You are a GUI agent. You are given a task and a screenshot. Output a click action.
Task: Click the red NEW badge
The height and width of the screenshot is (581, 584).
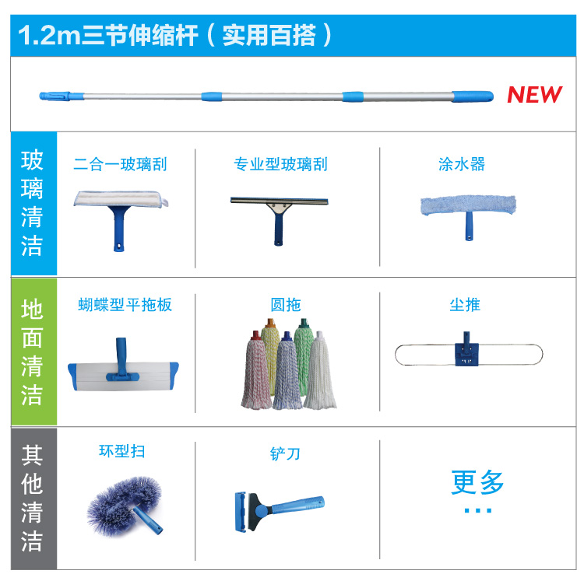[x=534, y=95]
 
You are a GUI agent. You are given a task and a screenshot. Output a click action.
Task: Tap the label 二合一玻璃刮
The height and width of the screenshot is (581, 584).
[x=120, y=164]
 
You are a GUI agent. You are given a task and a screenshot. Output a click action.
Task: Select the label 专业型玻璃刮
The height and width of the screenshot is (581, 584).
[x=280, y=164]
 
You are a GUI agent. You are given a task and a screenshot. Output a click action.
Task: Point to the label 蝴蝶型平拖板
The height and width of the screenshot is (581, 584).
[x=125, y=304]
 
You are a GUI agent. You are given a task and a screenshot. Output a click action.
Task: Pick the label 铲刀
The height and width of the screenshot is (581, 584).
[x=284, y=453]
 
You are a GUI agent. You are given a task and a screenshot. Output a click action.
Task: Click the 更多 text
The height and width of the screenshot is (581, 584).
[x=477, y=482]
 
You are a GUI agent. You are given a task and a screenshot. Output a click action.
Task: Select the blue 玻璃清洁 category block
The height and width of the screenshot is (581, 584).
[x=33, y=205]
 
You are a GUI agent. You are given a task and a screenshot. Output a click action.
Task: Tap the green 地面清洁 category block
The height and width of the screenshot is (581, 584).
[x=33, y=352]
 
